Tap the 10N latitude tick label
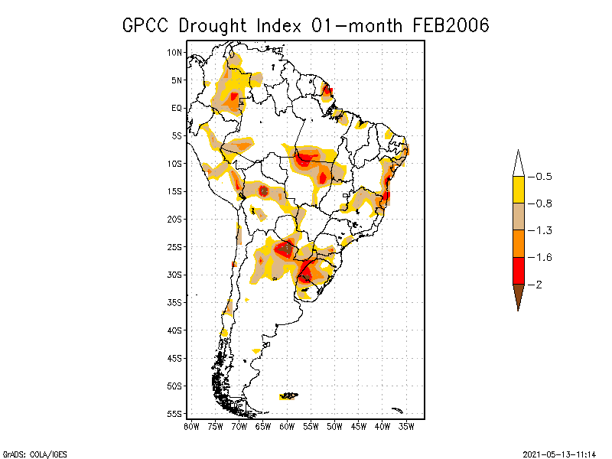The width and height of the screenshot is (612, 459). click(175, 52)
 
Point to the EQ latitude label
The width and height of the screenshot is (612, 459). click(177, 108)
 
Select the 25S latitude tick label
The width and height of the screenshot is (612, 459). click(175, 247)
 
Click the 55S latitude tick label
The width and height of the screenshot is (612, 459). click(175, 414)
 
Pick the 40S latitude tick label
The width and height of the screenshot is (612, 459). click(175, 330)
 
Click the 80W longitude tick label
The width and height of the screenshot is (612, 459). click(191, 425)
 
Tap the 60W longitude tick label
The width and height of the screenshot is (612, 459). click(287, 425)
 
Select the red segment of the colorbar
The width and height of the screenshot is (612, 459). click(518, 270)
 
